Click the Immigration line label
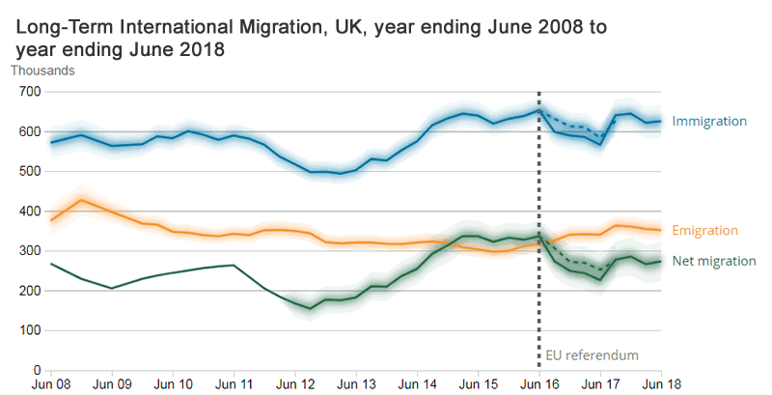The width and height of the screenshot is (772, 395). tap(709, 122)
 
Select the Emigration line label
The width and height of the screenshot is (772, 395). tap(705, 230)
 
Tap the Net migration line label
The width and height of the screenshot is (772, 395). tap(713, 261)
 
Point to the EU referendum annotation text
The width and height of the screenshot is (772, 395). tap(592, 354)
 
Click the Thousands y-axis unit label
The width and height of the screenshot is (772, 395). tap(42, 70)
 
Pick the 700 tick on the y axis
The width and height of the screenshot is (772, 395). tap(32, 92)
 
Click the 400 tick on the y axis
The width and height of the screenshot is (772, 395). tap(32, 211)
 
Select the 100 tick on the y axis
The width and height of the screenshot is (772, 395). tap(32, 330)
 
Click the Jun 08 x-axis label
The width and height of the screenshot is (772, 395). tap(50, 383)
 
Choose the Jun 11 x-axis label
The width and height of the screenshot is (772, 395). tap(234, 383)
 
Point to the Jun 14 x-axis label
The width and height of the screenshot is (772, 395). tap(417, 383)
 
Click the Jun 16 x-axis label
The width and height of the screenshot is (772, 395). tap(538, 383)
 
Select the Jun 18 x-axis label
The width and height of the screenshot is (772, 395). tap(661, 383)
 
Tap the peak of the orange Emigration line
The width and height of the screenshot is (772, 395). tap(82, 200)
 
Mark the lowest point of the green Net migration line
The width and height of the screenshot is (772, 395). tap(311, 309)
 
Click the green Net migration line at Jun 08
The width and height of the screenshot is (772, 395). tap(51, 264)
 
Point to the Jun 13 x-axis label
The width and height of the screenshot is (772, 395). tap(356, 383)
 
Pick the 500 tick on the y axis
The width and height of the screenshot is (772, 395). tap(32, 171)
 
